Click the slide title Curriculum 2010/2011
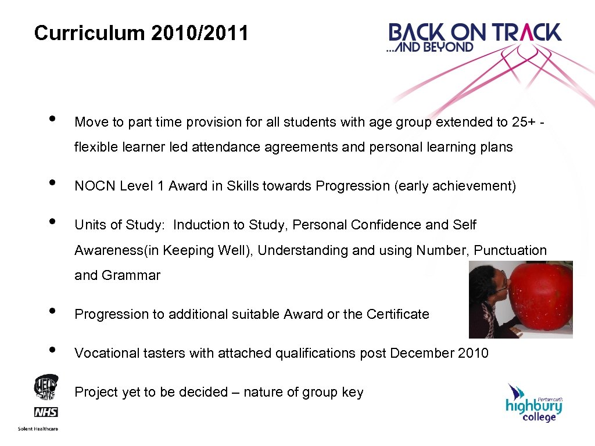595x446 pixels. [x=141, y=33]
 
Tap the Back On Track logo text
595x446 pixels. [x=475, y=31]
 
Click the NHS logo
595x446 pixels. [x=46, y=412]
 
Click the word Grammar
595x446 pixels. [x=131, y=275]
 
